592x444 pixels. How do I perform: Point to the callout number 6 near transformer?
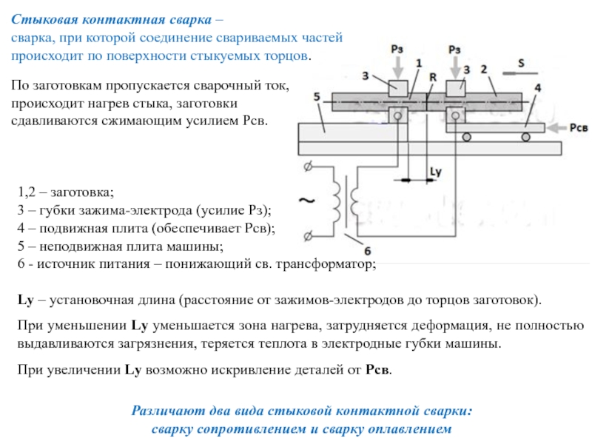(x=368, y=249)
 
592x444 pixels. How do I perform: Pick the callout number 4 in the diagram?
(x=537, y=88)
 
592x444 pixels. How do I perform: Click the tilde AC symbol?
(x=306, y=200)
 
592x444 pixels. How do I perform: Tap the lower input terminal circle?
(x=307, y=236)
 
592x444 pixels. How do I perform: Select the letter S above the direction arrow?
(x=521, y=64)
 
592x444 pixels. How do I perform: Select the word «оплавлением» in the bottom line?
(x=409, y=428)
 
